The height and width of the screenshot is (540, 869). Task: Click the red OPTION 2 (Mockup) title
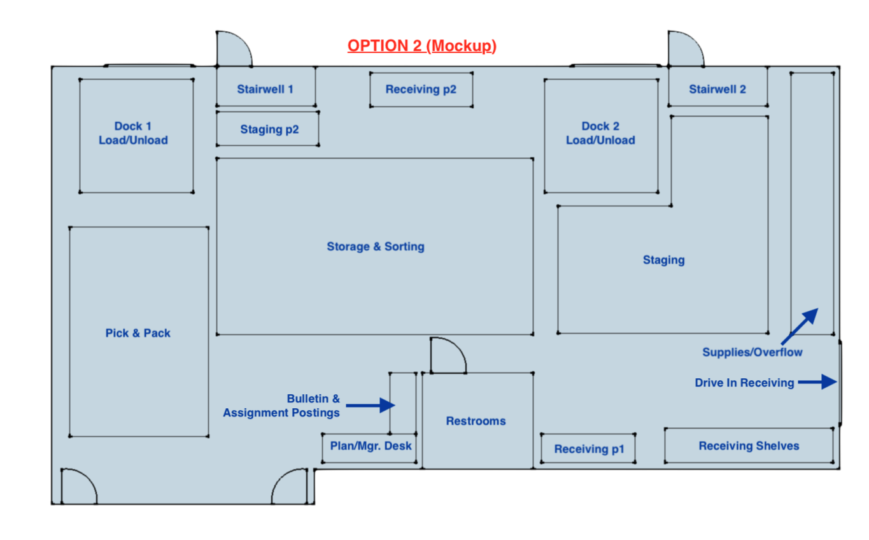(x=421, y=46)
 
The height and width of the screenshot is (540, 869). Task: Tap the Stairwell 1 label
(x=265, y=89)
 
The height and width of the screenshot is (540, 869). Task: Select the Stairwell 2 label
(x=717, y=89)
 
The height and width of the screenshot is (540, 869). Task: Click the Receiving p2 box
(x=421, y=89)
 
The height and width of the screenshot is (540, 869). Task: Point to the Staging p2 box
(x=269, y=129)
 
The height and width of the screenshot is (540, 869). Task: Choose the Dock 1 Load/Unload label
(x=133, y=133)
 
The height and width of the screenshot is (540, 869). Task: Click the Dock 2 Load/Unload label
(x=600, y=133)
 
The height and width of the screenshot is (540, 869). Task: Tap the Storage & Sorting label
(x=376, y=246)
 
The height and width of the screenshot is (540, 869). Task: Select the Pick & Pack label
(x=138, y=333)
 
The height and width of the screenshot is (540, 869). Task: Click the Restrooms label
(x=476, y=421)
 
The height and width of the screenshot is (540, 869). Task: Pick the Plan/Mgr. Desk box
(x=371, y=446)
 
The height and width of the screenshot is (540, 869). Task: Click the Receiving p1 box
(x=589, y=449)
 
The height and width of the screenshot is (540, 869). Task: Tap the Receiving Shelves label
(x=749, y=446)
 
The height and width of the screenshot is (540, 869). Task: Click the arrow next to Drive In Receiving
(x=818, y=382)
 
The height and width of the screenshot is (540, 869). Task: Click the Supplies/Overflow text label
(x=752, y=352)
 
